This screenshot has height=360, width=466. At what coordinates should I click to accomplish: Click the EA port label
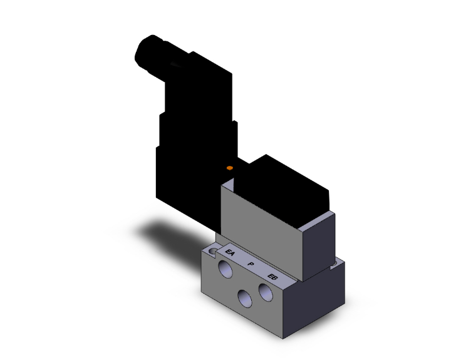tap(230, 254)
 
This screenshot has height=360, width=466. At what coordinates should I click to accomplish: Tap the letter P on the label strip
tap(251, 265)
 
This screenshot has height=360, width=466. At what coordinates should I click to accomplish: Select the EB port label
tap(271, 277)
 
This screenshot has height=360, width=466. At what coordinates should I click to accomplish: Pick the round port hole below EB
tap(266, 293)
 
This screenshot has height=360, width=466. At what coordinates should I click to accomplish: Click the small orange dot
tap(230, 168)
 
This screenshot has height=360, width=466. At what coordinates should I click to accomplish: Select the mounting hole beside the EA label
tap(214, 251)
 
